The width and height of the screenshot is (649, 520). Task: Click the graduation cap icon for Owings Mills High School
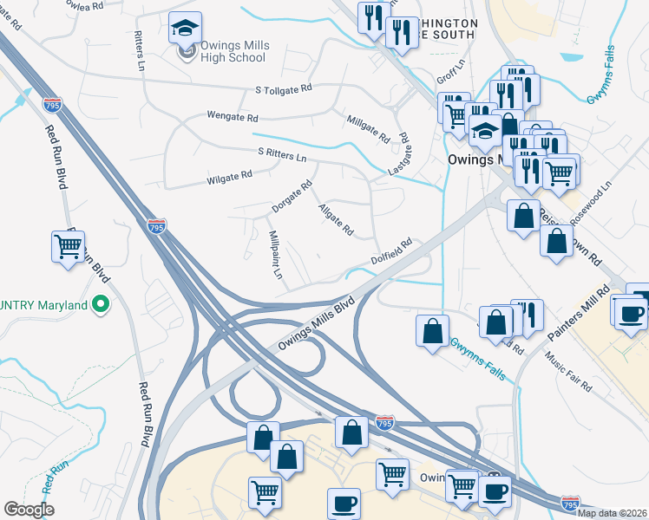[186, 29]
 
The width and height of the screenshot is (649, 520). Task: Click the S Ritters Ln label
[283, 154]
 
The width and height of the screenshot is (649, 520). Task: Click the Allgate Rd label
[336, 220]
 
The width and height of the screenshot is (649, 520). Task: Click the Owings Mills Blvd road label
[318, 326]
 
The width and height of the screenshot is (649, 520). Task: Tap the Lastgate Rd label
[398, 155]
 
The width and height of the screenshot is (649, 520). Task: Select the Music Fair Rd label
[569, 370]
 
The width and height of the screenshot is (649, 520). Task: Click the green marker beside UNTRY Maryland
[101, 305]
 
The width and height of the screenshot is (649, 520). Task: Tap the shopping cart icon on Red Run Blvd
[68, 246]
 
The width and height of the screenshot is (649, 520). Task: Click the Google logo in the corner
[28, 510]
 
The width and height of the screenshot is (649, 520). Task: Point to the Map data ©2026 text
[613, 513]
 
